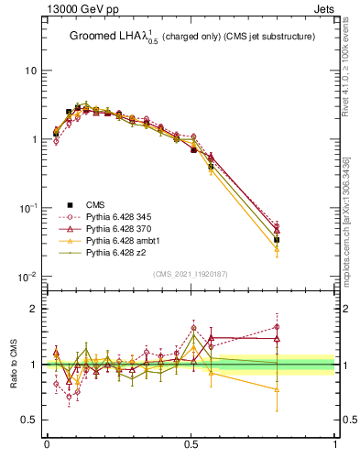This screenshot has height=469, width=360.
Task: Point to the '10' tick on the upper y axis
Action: click(x=30, y=71)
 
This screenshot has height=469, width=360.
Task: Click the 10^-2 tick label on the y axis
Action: click(x=27, y=277)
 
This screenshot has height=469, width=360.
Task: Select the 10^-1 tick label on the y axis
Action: click(x=27, y=208)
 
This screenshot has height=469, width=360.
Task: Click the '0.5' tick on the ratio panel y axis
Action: click(x=28, y=420)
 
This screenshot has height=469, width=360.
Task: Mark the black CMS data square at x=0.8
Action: click(x=277, y=240)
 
